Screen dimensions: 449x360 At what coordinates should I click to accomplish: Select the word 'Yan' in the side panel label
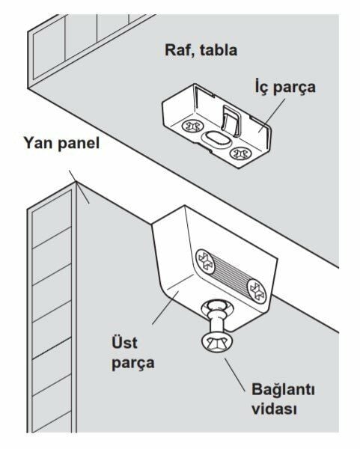pyautogui.click(x=39, y=142)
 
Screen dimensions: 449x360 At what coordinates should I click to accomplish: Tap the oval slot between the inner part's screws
pyautogui.click(x=216, y=140)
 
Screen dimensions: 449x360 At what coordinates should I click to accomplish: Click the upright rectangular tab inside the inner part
pyautogui.click(x=231, y=120)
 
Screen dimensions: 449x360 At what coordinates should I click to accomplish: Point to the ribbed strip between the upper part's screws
pyautogui.click(x=231, y=276)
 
